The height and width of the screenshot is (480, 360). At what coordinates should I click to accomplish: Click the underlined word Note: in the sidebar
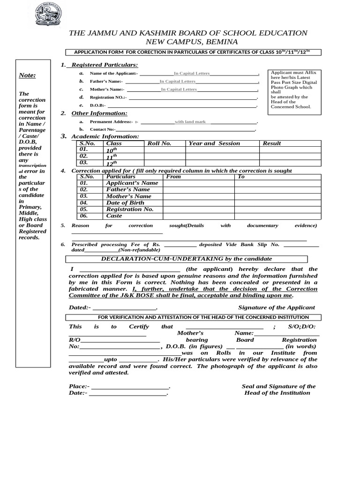point(27,75)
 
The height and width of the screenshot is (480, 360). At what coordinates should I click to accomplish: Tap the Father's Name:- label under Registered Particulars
point(106,82)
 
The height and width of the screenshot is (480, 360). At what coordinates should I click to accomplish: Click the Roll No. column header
point(159,143)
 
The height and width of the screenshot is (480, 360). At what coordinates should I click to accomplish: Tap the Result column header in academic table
point(272,143)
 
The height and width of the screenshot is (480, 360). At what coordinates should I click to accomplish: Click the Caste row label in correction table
point(114,216)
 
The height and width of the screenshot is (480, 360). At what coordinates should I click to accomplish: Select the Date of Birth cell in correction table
point(125,203)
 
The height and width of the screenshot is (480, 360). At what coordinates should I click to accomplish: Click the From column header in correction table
point(173,177)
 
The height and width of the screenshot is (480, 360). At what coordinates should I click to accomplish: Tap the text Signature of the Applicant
point(277,307)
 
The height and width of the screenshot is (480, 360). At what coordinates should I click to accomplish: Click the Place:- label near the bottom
point(78,386)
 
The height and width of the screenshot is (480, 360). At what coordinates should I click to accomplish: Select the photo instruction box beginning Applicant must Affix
point(293,90)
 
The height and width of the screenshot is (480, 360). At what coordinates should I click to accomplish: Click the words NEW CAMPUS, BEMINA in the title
point(188,42)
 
